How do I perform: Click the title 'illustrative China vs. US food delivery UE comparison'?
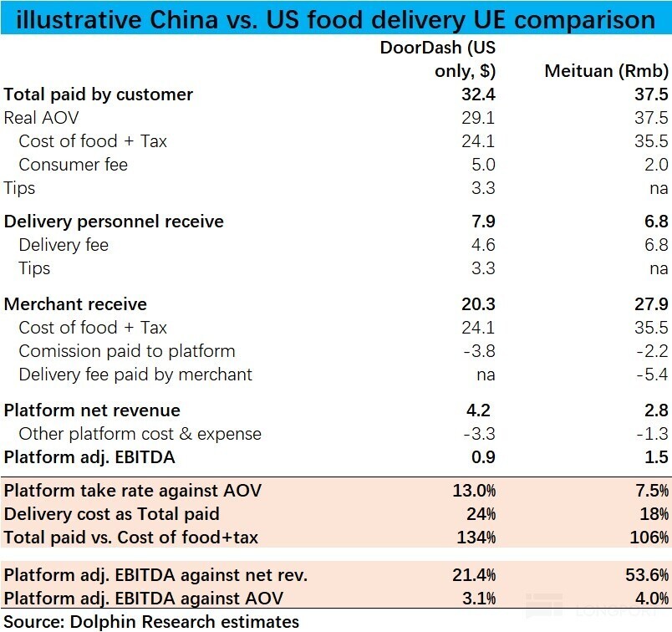(x=335, y=18)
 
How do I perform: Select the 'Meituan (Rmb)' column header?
(x=606, y=71)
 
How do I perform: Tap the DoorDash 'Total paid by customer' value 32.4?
(x=479, y=94)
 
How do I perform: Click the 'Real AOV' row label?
(x=41, y=118)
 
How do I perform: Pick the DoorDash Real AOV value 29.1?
(x=479, y=118)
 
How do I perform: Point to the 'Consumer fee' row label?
(x=73, y=165)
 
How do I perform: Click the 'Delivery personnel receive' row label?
(x=114, y=222)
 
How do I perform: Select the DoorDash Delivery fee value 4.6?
(x=483, y=245)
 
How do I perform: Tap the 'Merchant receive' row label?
(x=75, y=304)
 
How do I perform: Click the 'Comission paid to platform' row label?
(x=126, y=351)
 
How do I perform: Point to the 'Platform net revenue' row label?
(x=92, y=410)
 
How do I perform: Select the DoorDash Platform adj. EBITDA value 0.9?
(x=483, y=457)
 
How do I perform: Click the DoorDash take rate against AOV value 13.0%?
(x=474, y=491)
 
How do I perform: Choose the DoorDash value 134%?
(x=476, y=538)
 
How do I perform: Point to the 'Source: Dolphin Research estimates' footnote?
(x=151, y=621)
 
